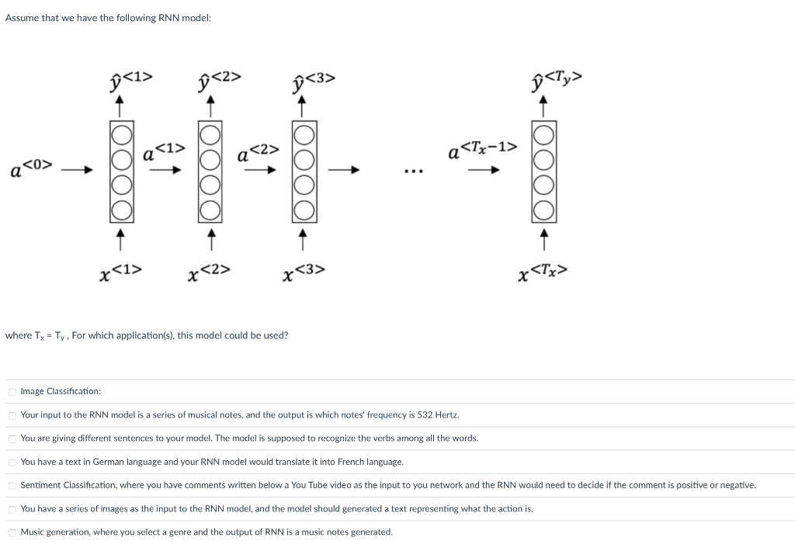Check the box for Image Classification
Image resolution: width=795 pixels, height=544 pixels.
(x=12, y=392)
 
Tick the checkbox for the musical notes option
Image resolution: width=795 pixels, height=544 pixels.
(x=12, y=415)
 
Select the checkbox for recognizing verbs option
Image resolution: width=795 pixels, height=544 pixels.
(x=12, y=438)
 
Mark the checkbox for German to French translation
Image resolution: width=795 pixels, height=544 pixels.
(x=12, y=463)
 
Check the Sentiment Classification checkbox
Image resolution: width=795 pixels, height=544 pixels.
(x=12, y=486)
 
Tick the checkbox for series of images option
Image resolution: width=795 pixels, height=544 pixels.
(x=12, y=509)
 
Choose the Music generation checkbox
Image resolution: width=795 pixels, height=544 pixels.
(x=12, y=532)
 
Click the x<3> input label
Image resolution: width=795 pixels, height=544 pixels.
(x=304, y=272)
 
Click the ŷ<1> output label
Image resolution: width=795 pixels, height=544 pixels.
(x=131, y=79)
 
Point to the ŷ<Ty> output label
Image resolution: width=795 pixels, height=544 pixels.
(x=554, y=79)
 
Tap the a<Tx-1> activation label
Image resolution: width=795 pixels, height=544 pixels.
(x=482, y=150)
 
